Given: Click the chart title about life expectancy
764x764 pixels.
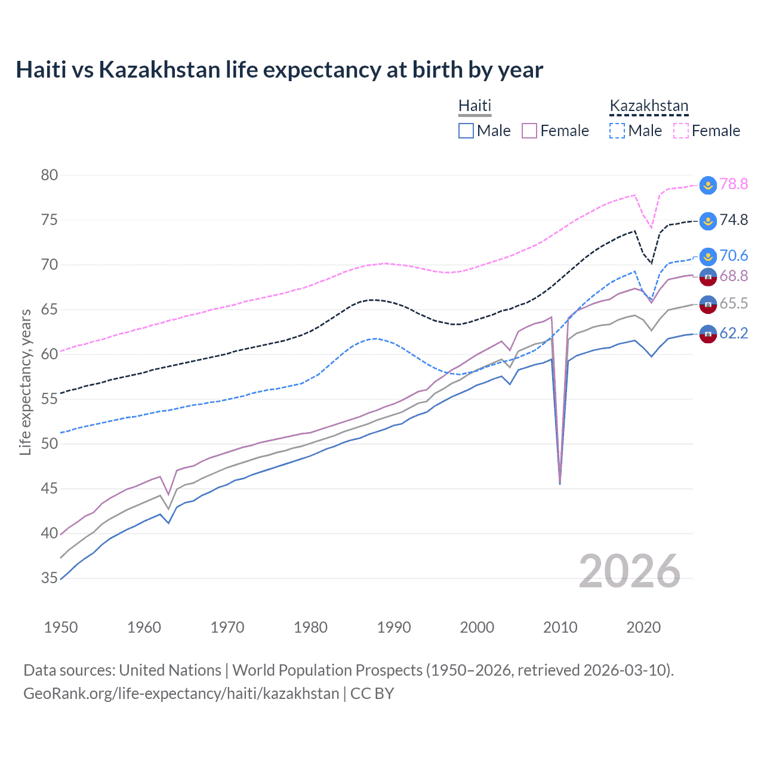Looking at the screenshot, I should point(279,70).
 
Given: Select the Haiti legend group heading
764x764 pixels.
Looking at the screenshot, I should point(475,106).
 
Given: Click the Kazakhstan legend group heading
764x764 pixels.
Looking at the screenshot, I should point(649,106).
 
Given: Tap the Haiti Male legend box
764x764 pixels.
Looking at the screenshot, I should point(466,131).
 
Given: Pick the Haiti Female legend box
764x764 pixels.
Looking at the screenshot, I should point(529,131).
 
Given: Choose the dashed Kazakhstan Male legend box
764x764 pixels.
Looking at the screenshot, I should point(617,131).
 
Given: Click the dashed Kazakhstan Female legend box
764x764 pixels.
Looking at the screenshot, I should point(681,131).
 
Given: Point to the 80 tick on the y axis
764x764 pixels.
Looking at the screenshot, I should point(50,175).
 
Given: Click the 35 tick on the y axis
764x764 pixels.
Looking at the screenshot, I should point(50,578).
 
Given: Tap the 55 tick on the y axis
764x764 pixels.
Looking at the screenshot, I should point(50,399).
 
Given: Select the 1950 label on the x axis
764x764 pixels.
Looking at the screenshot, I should point(61,627).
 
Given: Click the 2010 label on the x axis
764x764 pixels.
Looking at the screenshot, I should point(560,627).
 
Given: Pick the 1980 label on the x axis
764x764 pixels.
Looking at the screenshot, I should point(310,627).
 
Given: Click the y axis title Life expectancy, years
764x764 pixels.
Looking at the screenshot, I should point(25,382).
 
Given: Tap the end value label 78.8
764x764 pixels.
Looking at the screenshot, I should point(734,184).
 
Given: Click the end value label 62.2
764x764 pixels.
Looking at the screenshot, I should point(734,333).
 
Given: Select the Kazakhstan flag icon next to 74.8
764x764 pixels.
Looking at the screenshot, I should point(708,221).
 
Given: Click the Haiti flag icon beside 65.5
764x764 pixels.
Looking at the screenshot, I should point(708,304).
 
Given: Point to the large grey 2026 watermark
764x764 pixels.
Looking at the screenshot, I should point(629,571).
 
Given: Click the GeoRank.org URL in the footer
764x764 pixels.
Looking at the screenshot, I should point(181,694).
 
